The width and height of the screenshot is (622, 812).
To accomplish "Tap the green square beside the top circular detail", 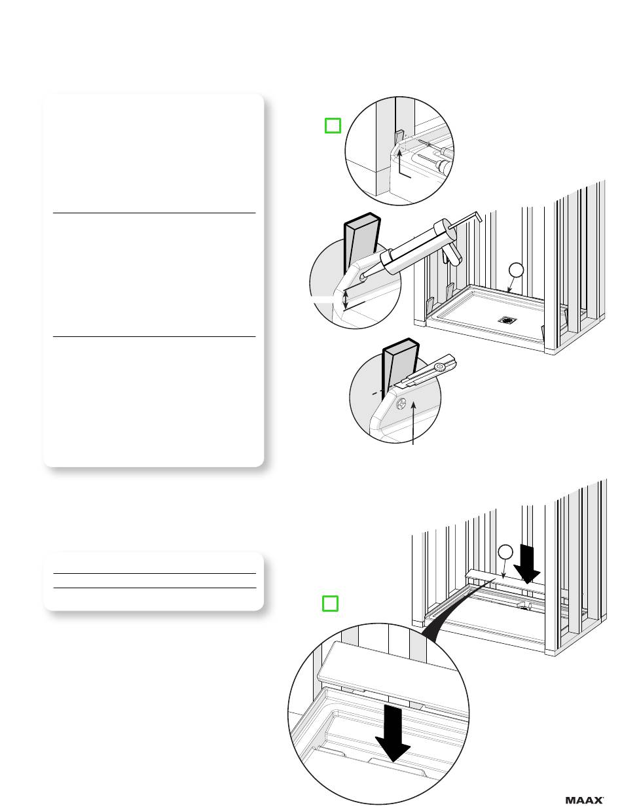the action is click(333, 126).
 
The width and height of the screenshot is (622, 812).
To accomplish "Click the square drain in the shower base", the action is click(507, 320).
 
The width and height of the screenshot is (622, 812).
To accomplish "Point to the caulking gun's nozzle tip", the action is click(363, 277).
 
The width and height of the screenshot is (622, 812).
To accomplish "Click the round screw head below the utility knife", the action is click(401, 404).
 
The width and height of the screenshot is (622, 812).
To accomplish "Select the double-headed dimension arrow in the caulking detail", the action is click(346, 300).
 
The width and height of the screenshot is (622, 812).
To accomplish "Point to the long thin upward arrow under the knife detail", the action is click(413, 423).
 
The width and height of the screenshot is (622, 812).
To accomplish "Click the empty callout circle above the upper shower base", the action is click(516, 270).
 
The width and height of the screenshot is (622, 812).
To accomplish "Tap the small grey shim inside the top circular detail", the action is click(399, 136).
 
